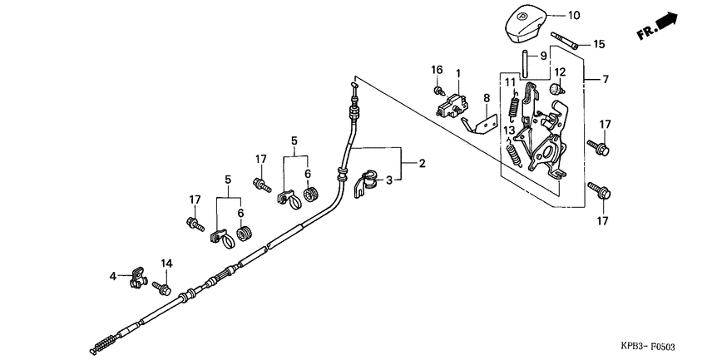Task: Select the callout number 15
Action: click(x=599, y=44)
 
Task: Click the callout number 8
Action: click(x=487, y=98)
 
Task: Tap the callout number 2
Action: click(x=422, y=164)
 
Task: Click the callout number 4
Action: click(x=113, y=275)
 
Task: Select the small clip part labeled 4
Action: click(x=136, y=276)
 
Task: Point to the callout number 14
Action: click(x=167, y=264)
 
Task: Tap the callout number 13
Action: click(x=507, y=131)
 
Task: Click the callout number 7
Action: click(x=605, y=80)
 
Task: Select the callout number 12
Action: click(x=560, y=72)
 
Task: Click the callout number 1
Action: click(x=457, y=74)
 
